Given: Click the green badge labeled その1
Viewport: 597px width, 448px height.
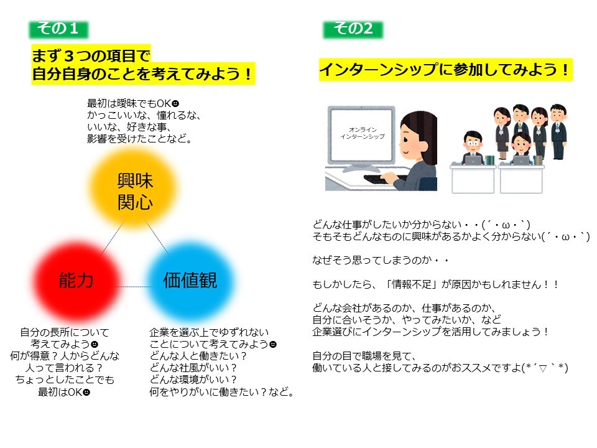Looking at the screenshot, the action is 58,29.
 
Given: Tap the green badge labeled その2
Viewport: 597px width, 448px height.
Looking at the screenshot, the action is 353,29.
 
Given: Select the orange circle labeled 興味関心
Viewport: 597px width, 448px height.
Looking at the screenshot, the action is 134,189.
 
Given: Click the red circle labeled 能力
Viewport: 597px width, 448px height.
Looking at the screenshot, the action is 76,281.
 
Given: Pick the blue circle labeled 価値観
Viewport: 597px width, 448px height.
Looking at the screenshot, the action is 190,281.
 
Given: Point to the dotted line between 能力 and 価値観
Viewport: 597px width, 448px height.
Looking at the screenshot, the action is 134,286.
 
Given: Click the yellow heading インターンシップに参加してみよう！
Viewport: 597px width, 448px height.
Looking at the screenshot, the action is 445,70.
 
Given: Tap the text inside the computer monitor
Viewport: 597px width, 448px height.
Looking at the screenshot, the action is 363,133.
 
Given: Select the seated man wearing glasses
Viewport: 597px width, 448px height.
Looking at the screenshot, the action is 472,148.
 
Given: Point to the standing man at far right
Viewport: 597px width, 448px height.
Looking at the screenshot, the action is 558,131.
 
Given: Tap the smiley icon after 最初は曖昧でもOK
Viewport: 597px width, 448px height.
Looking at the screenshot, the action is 175,103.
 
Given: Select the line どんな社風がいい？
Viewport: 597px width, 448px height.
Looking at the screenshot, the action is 193,368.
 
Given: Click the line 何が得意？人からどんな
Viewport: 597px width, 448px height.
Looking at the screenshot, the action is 65,356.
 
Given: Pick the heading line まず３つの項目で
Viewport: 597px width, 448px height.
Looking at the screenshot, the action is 91,55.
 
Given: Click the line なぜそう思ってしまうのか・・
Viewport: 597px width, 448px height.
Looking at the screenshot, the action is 381,260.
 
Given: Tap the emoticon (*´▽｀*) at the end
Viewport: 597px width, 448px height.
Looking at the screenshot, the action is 545,368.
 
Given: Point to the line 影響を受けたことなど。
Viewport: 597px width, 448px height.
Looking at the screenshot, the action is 139,139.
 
